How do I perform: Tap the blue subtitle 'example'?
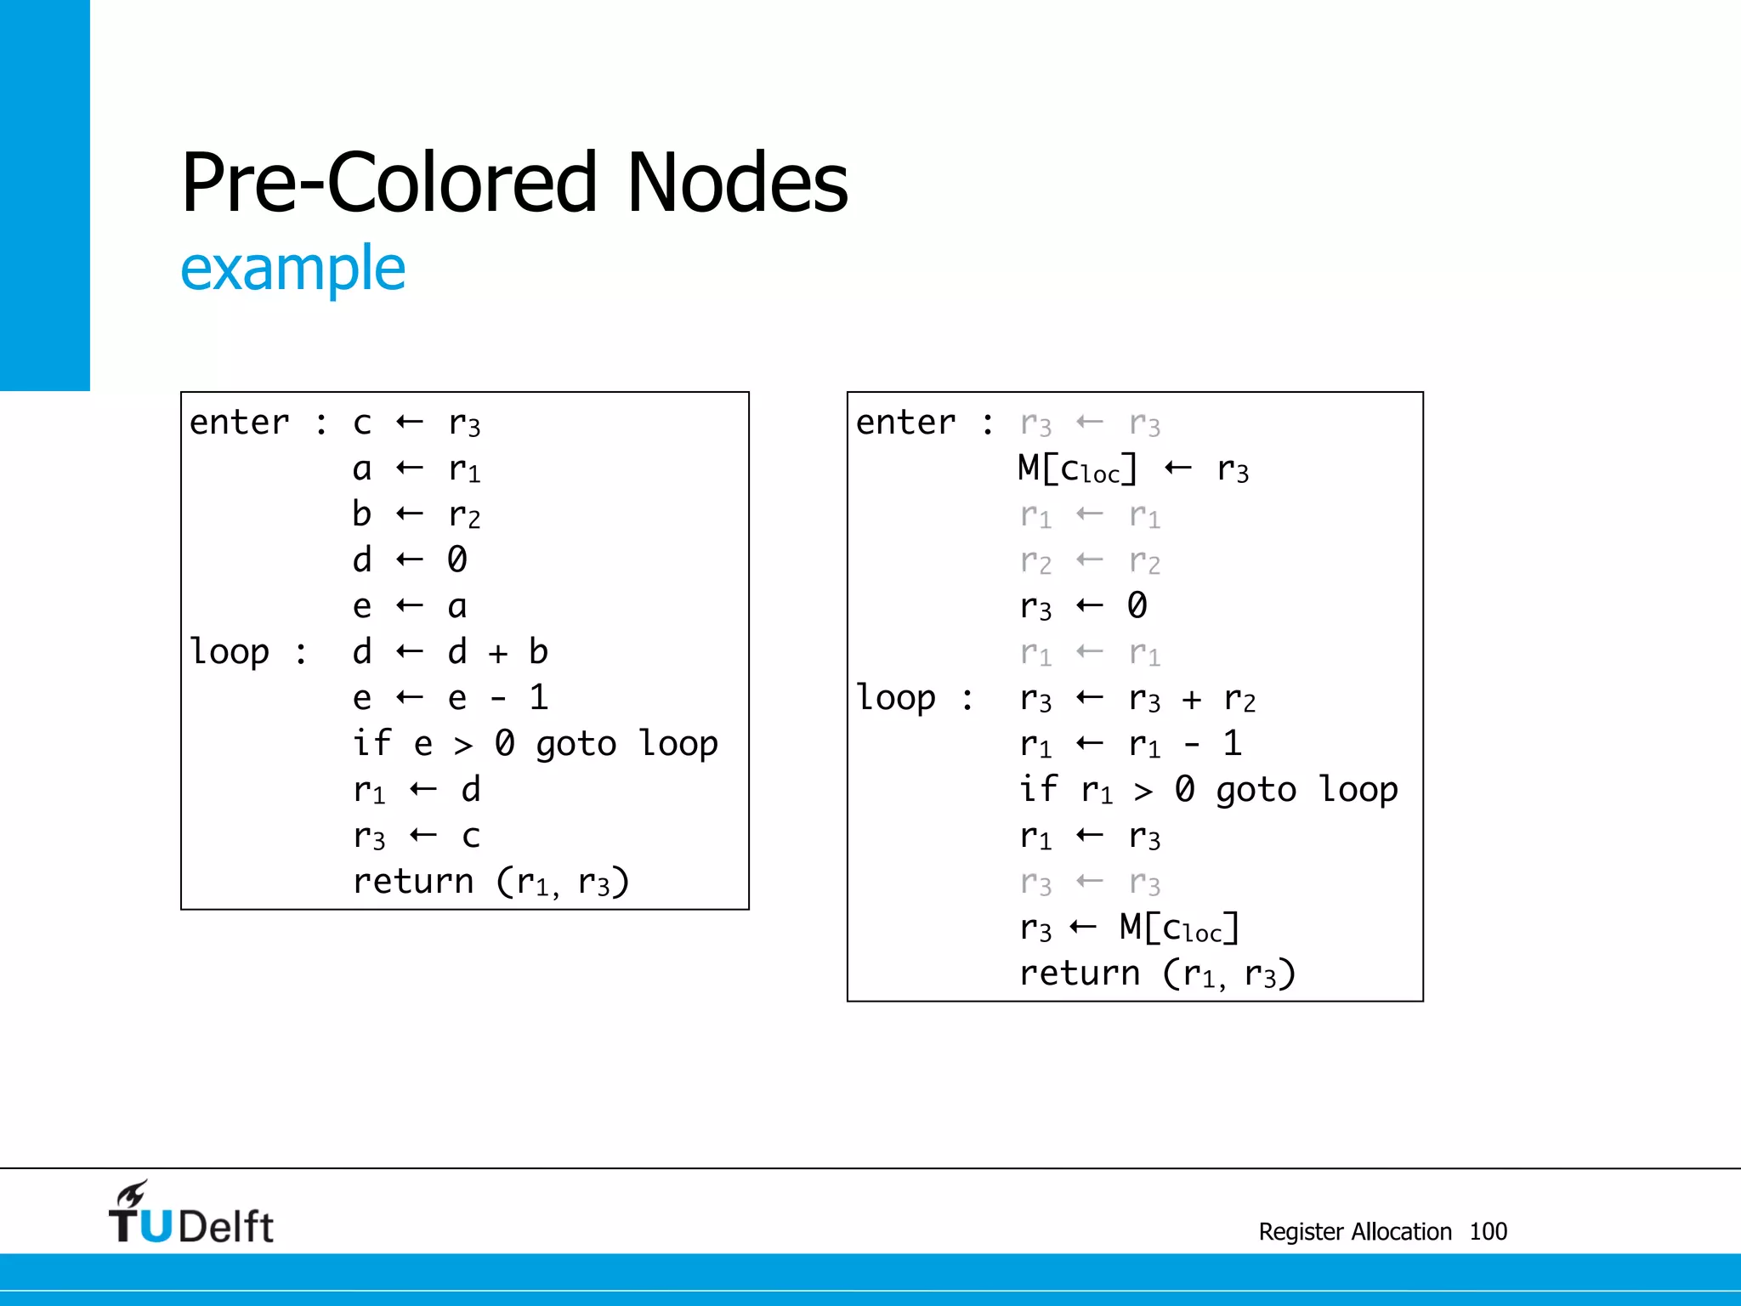[x=293, y=269]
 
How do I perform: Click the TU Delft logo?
[x=190, y=1213]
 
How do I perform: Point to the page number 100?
[x=1488, y=1231]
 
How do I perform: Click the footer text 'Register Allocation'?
[x=1355, y=1231]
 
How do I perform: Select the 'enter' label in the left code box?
[x=239, y=423]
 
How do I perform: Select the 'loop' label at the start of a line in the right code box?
[x=895, y=698]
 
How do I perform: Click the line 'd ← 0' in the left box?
[x=409, y=559]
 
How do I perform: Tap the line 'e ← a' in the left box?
[x=409, y=606]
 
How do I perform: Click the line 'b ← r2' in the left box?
[x=416, y=514]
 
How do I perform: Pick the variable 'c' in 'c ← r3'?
[x=362, y=423]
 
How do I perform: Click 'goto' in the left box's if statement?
[x=576, y=745]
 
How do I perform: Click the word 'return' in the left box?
[x=413, y=882]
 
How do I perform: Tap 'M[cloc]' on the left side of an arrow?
[x=1077, y=468]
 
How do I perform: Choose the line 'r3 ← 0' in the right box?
[x=1083, y=606]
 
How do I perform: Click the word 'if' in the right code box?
[x=1038, y=789]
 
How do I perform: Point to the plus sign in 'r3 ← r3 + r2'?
[x=1192, y=700]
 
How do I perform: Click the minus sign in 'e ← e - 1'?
[x=498, y=699]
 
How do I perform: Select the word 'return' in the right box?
[x=1080, y=974]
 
